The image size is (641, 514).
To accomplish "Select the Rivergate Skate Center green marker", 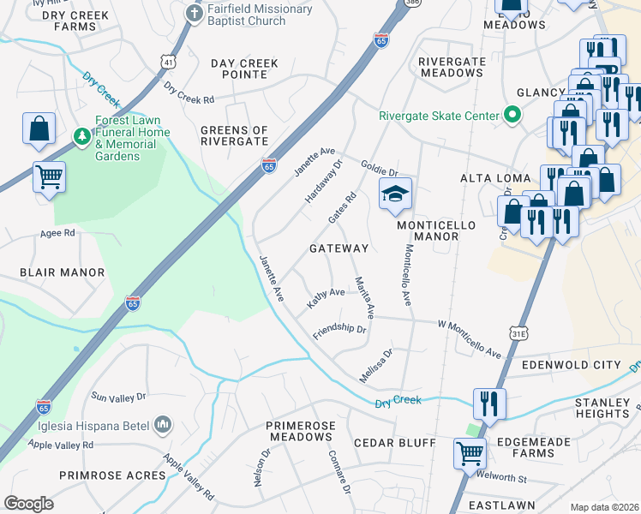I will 512,115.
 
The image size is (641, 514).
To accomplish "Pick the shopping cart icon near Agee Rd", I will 50,177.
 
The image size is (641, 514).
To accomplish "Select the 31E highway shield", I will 518,332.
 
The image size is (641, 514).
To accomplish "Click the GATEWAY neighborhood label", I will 338,248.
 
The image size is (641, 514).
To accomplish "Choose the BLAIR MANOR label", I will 62,272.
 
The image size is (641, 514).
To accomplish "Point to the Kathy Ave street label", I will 326,297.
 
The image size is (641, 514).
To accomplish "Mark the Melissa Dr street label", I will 376,358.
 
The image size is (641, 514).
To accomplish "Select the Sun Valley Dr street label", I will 119,397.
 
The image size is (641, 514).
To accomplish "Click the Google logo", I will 28,504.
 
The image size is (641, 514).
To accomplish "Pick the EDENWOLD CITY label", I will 571,365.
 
